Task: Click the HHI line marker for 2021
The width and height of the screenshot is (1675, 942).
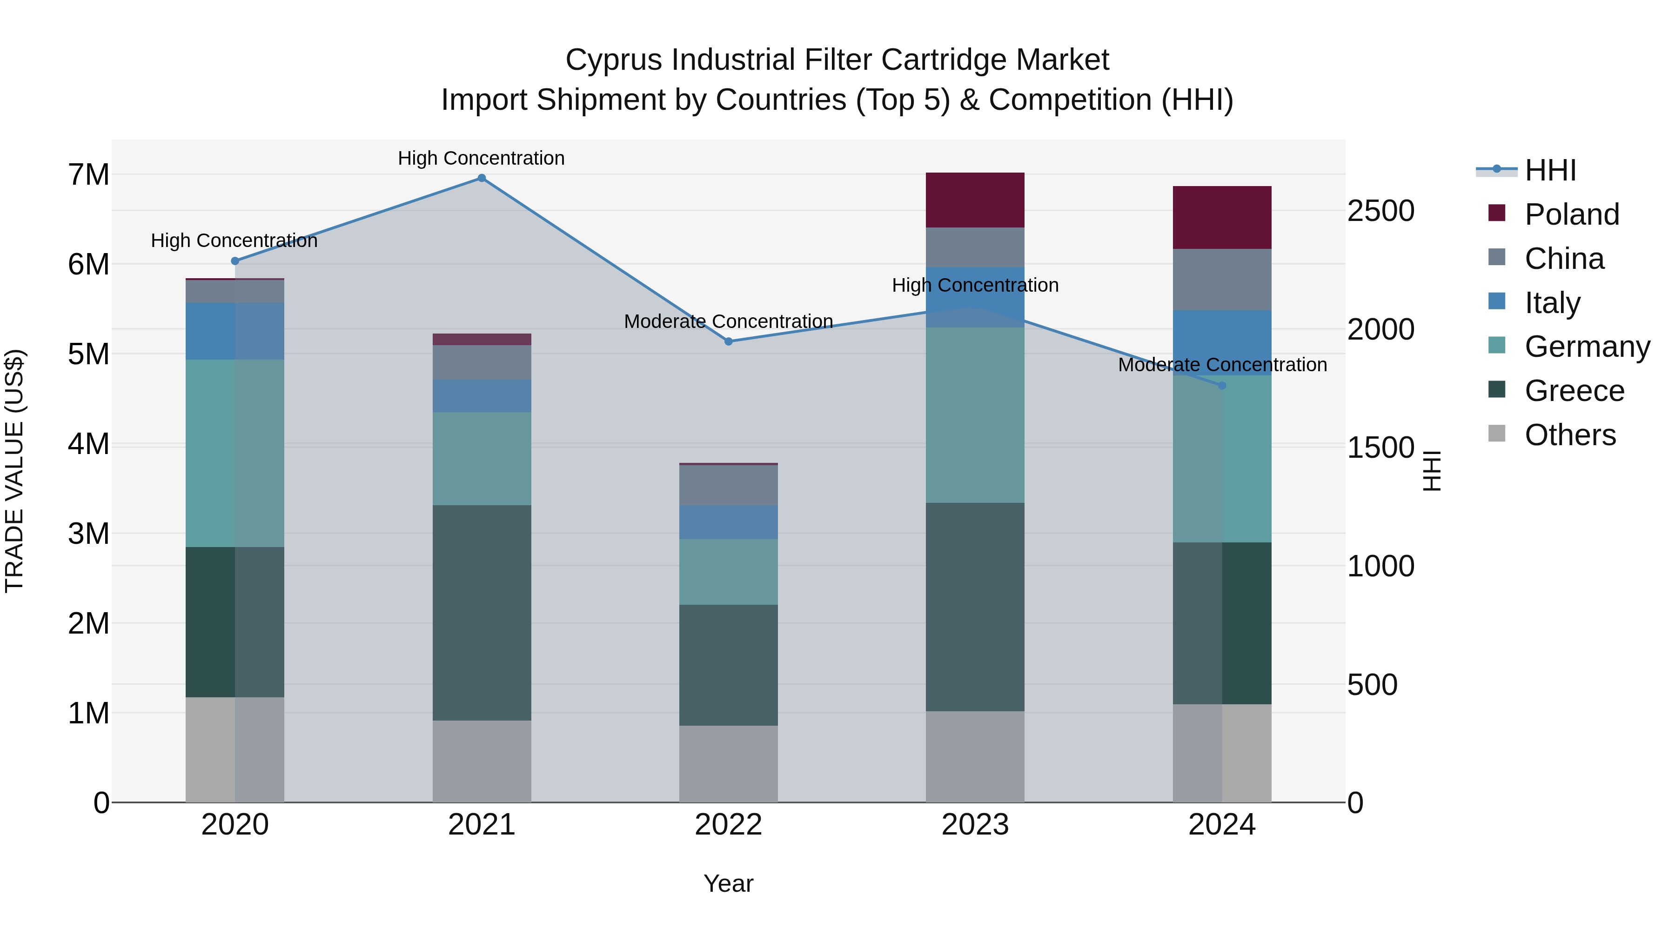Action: coord(482,178)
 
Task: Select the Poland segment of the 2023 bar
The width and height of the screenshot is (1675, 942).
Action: coord(975,200)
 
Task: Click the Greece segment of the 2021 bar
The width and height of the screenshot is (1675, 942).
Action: coord(482,612)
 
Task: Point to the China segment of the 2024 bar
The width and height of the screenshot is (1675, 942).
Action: coord(1222,280)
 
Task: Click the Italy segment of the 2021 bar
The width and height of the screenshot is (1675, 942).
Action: coord(482,396)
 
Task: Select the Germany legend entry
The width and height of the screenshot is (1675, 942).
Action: coord(1587,347)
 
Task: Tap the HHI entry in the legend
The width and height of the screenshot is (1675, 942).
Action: coord(1550,170)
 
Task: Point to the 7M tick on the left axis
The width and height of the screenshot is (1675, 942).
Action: coord(89,175)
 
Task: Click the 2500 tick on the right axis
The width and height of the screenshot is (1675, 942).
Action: coord(1380,211)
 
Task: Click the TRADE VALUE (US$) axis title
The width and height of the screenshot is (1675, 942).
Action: coord(14,471)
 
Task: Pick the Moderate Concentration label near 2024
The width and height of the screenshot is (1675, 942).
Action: coord(1222,365)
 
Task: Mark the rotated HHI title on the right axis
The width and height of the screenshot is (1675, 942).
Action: coord(1433,471)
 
